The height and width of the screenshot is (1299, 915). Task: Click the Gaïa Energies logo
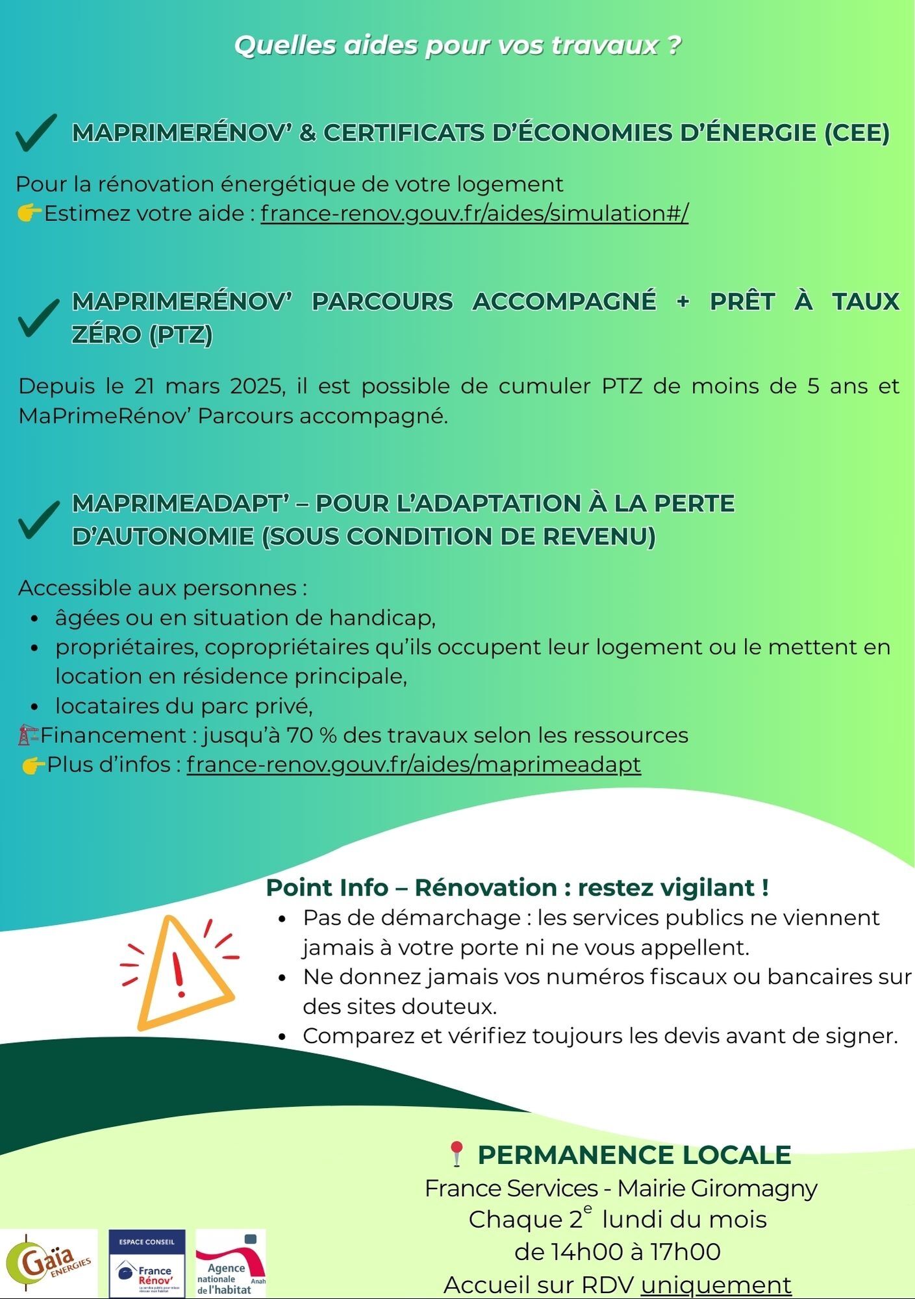[49, 1263]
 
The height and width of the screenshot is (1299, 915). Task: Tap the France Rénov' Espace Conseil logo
[147, 1263]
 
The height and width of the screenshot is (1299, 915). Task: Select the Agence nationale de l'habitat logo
[231, 1263]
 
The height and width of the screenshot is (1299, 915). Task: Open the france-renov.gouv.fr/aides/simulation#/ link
[474, 213]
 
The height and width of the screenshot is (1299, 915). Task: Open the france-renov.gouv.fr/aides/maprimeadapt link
[414, 764]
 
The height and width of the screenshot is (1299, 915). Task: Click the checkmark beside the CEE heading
[36, 132]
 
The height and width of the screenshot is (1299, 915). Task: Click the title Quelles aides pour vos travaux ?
[457, 45]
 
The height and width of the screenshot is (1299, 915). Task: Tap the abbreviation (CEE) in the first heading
[857, 133]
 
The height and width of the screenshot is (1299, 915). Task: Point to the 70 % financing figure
[311, 735]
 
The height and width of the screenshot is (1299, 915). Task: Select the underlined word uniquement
[716, 1284]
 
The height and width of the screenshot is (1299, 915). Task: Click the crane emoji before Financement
[27, 735]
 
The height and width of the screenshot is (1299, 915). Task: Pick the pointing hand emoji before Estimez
[29, 213]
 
